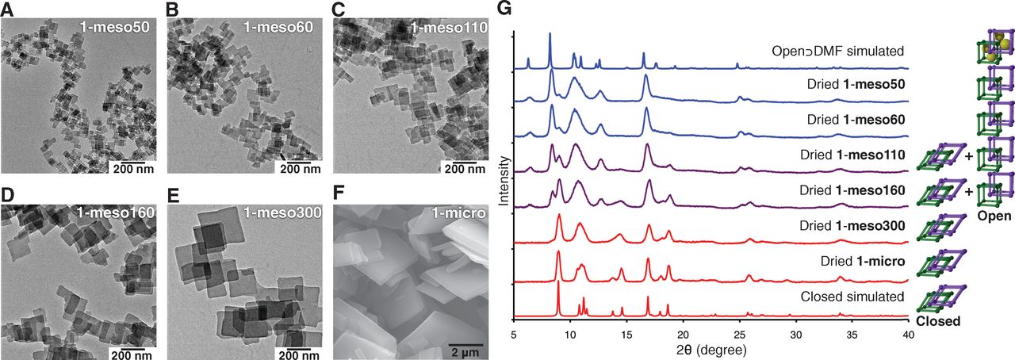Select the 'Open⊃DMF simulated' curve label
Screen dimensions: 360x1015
[x=838, y=52]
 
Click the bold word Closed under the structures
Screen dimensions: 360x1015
[x=938, y=322]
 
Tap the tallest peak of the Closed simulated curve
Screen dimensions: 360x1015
[x=558, y=283]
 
